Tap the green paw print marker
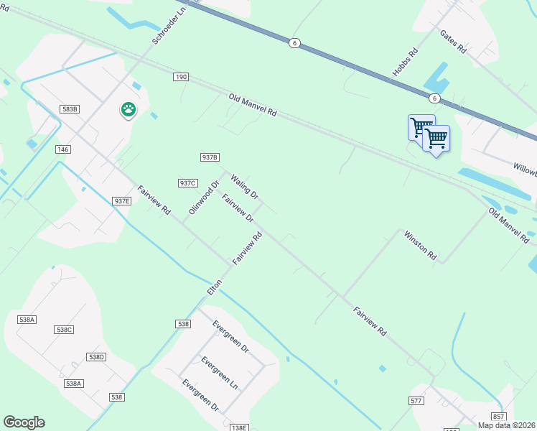(129, 110)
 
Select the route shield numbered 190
(180, 76)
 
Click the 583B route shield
(69, 109)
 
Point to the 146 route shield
(62, 149)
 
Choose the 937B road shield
(209, 157)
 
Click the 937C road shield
(188, 183)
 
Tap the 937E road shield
(122, 201)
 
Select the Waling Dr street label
(244, 185)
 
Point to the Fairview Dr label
(238, 208)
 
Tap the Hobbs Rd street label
(405, 62)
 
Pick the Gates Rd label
(454, 43)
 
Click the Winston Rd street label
(420, 245)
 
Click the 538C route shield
(64, 330)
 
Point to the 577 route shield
(416, 400)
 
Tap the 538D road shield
(96, 357)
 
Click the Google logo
(24, 422)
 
